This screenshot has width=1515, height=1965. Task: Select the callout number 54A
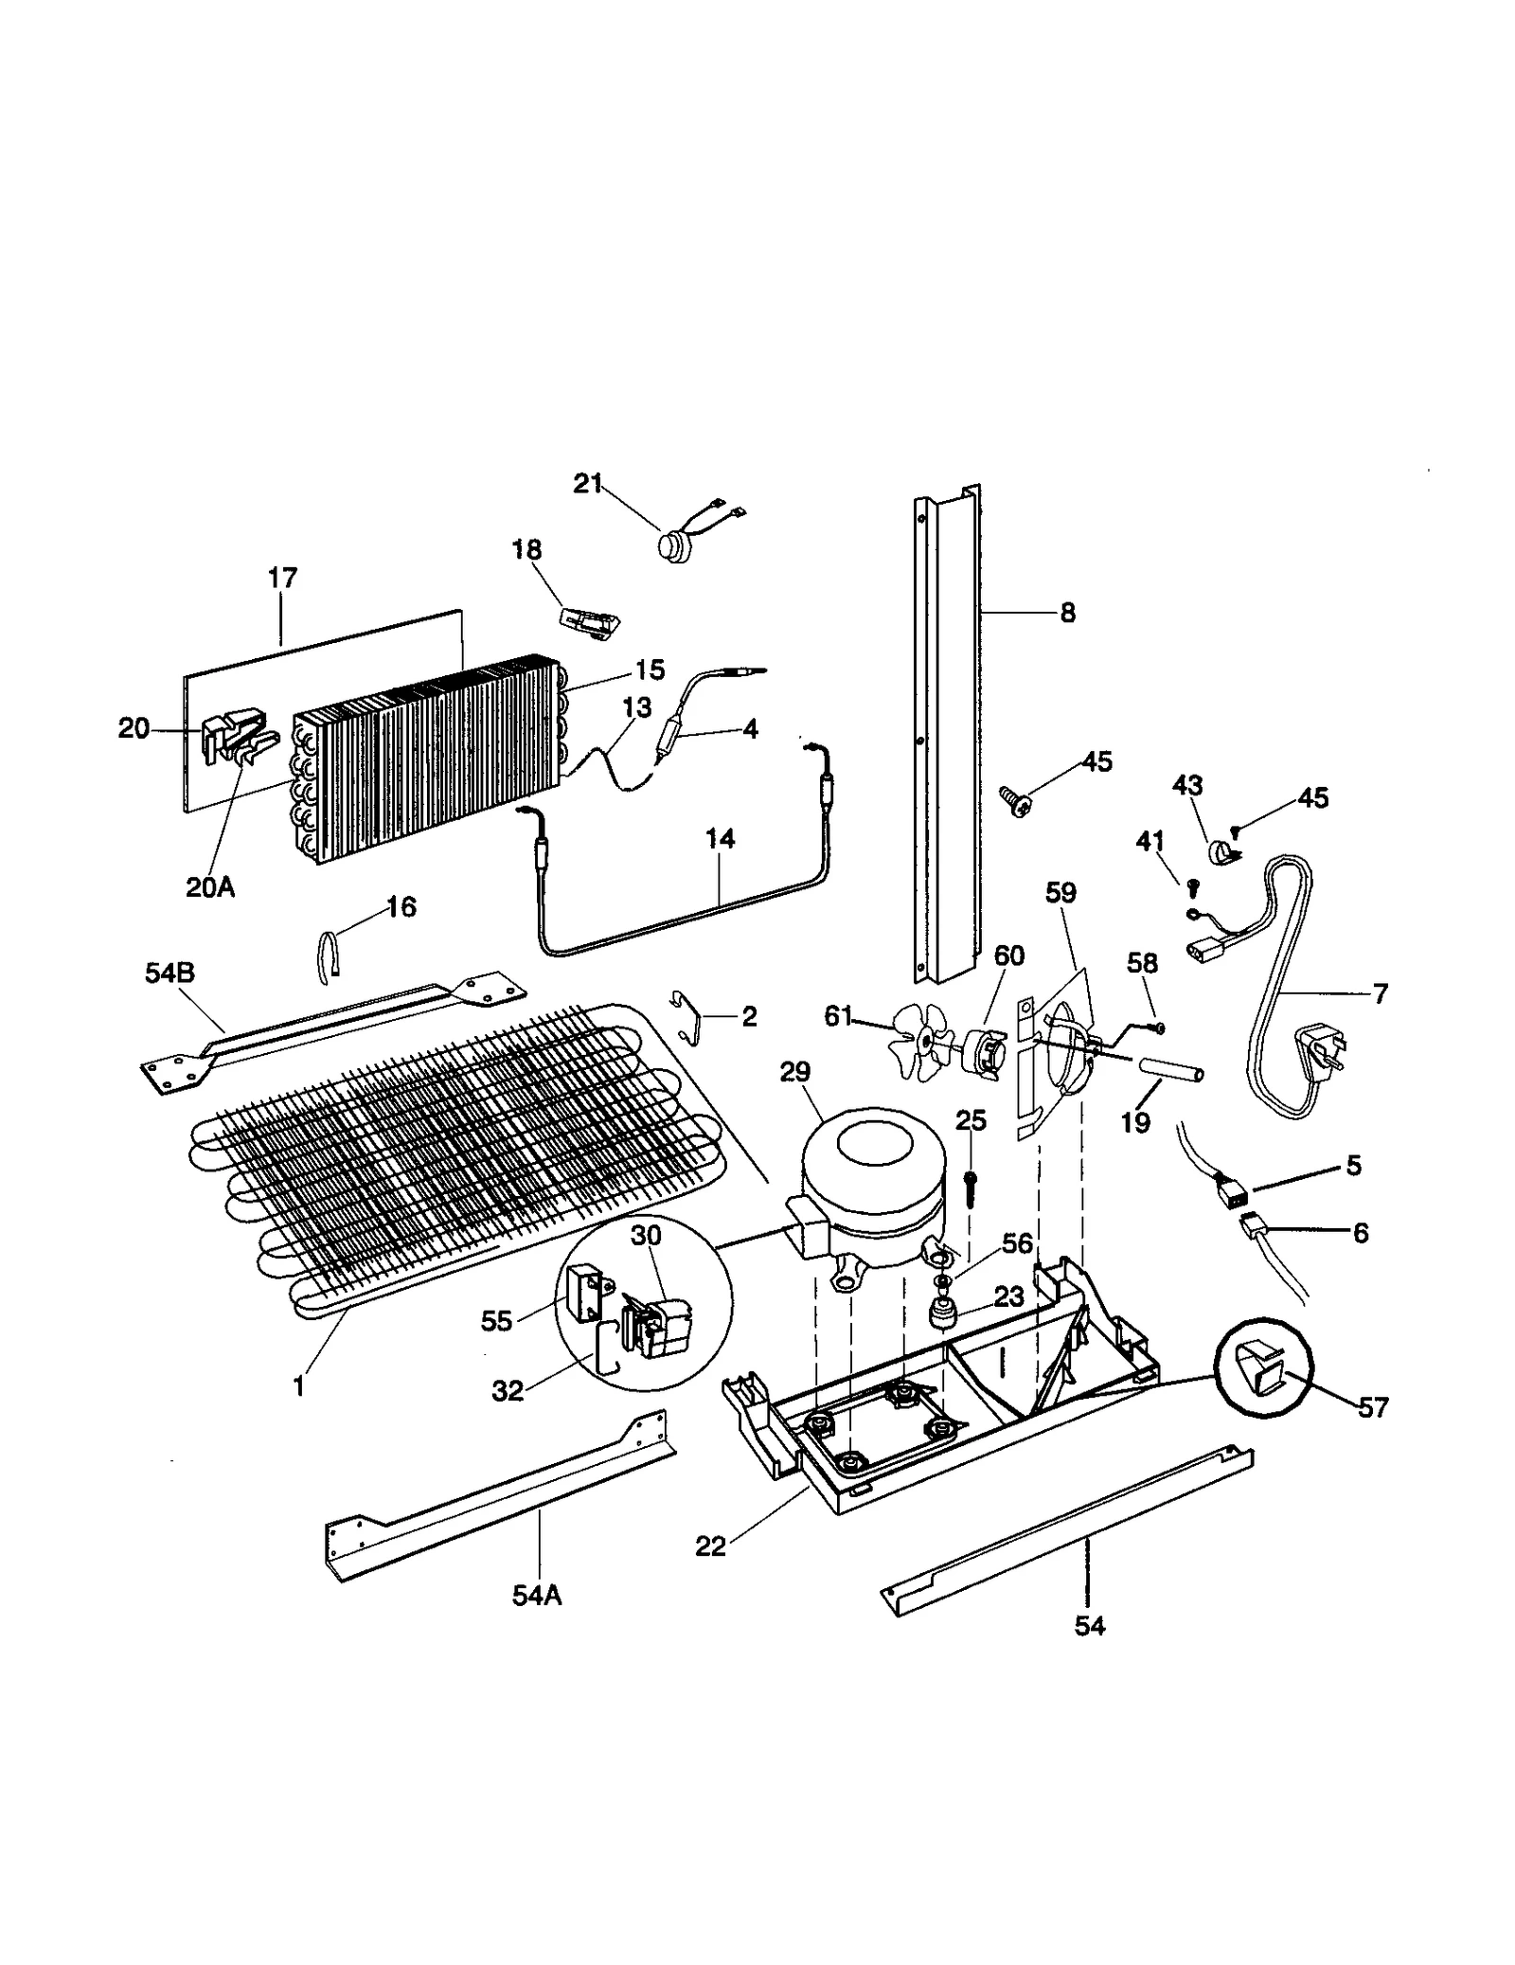pyautogui.click(x=537, y=1596)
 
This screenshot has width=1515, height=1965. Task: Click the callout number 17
pyautogui.click(x=282, y=578)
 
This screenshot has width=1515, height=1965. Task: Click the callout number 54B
pyautogui.click(x=169, y=973)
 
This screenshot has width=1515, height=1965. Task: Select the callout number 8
pyautogui.click(x=1067, y=614)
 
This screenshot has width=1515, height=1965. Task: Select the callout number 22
pyautogui.click(x=710, y=1546)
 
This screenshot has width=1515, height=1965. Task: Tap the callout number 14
pyautogui.click(x=720, y=839)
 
